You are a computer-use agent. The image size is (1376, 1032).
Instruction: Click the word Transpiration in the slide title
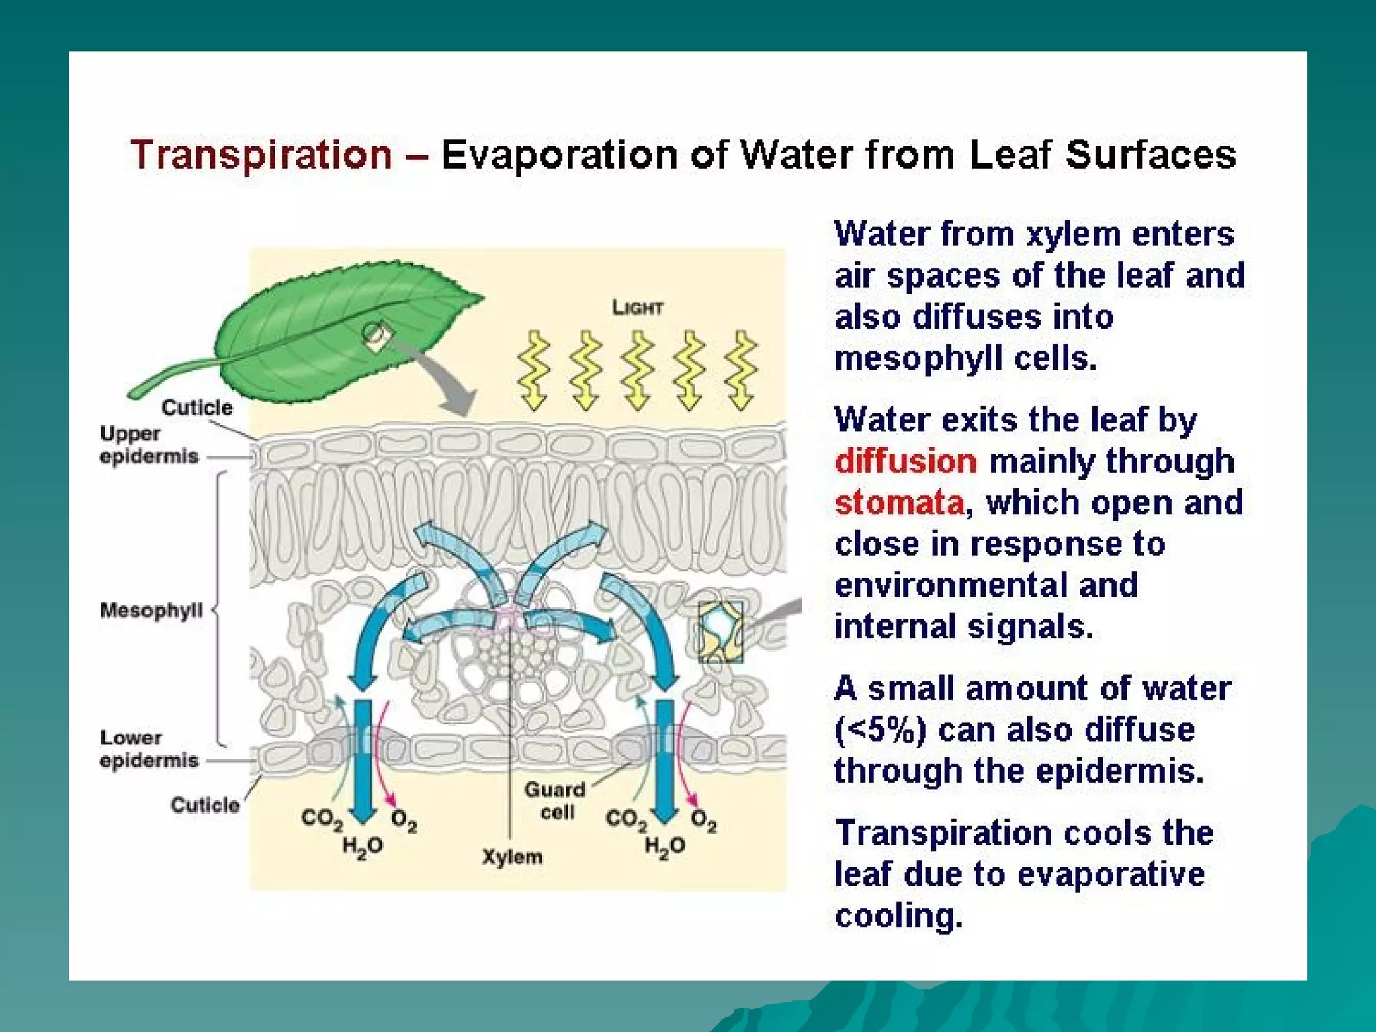click(x=261, y=155)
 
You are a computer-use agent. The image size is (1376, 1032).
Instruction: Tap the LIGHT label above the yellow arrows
click(x=637, y=308)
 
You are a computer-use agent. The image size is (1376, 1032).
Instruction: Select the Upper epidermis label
click(x=148, y=445)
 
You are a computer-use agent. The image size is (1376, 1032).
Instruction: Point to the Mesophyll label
click(x=151, y=610)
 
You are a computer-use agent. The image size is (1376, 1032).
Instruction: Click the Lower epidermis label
click(x=148, y=749)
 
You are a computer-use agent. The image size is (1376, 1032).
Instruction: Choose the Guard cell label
click(x=556, y=800)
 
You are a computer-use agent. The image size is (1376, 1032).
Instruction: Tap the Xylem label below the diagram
click(x=512, y=857)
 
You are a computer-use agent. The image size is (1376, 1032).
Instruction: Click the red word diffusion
click(x=905, y=462)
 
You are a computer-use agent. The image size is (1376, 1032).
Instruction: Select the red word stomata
click(x=899, y=503)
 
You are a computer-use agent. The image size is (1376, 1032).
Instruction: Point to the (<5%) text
click(x=880, y=730)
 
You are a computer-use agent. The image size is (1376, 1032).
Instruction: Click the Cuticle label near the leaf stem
click(x=197, y=407)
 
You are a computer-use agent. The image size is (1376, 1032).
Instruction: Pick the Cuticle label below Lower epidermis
click(x=205, y=805)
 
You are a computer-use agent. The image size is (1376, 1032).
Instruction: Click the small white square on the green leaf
click(x=377, y=335)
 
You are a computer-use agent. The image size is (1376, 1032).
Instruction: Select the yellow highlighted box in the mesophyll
click(x=720, y=632)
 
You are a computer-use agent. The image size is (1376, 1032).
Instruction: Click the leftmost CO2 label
click(x=322, y=819)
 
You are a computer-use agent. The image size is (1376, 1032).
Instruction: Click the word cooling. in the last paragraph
click(x=898, y=915)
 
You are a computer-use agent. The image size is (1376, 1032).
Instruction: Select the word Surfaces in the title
click(x=1150, y=155)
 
